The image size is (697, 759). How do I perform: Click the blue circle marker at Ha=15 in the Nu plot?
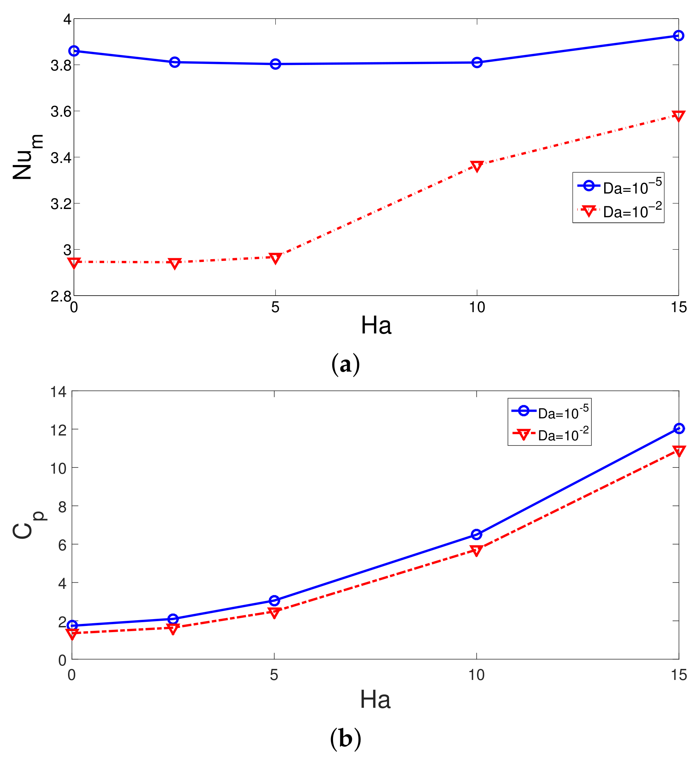coord(678,36)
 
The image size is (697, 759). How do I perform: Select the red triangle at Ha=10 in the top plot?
coord(477,166)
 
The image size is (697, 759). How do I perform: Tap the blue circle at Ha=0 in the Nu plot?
coord(74,51)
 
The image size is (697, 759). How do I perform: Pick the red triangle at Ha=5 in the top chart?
coord(275,258)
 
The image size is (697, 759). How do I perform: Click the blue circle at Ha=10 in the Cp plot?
coord(476,535)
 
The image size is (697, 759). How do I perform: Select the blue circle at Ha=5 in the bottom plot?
coord(274,600)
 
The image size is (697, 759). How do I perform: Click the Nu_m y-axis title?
coord(26,156)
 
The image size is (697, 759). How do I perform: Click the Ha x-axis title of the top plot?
coord(376,325)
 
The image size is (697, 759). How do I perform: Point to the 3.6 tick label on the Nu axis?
coord(61,112)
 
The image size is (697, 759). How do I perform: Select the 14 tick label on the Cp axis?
coord(58,392)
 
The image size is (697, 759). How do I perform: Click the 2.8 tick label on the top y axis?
coord(61,296)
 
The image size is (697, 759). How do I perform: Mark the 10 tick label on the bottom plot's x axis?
coord(476,675)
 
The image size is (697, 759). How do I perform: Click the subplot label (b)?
coord(345,739)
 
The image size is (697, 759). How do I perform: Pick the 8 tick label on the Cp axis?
coord(62,507)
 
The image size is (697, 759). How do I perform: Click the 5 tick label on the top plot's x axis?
coord(275,307)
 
